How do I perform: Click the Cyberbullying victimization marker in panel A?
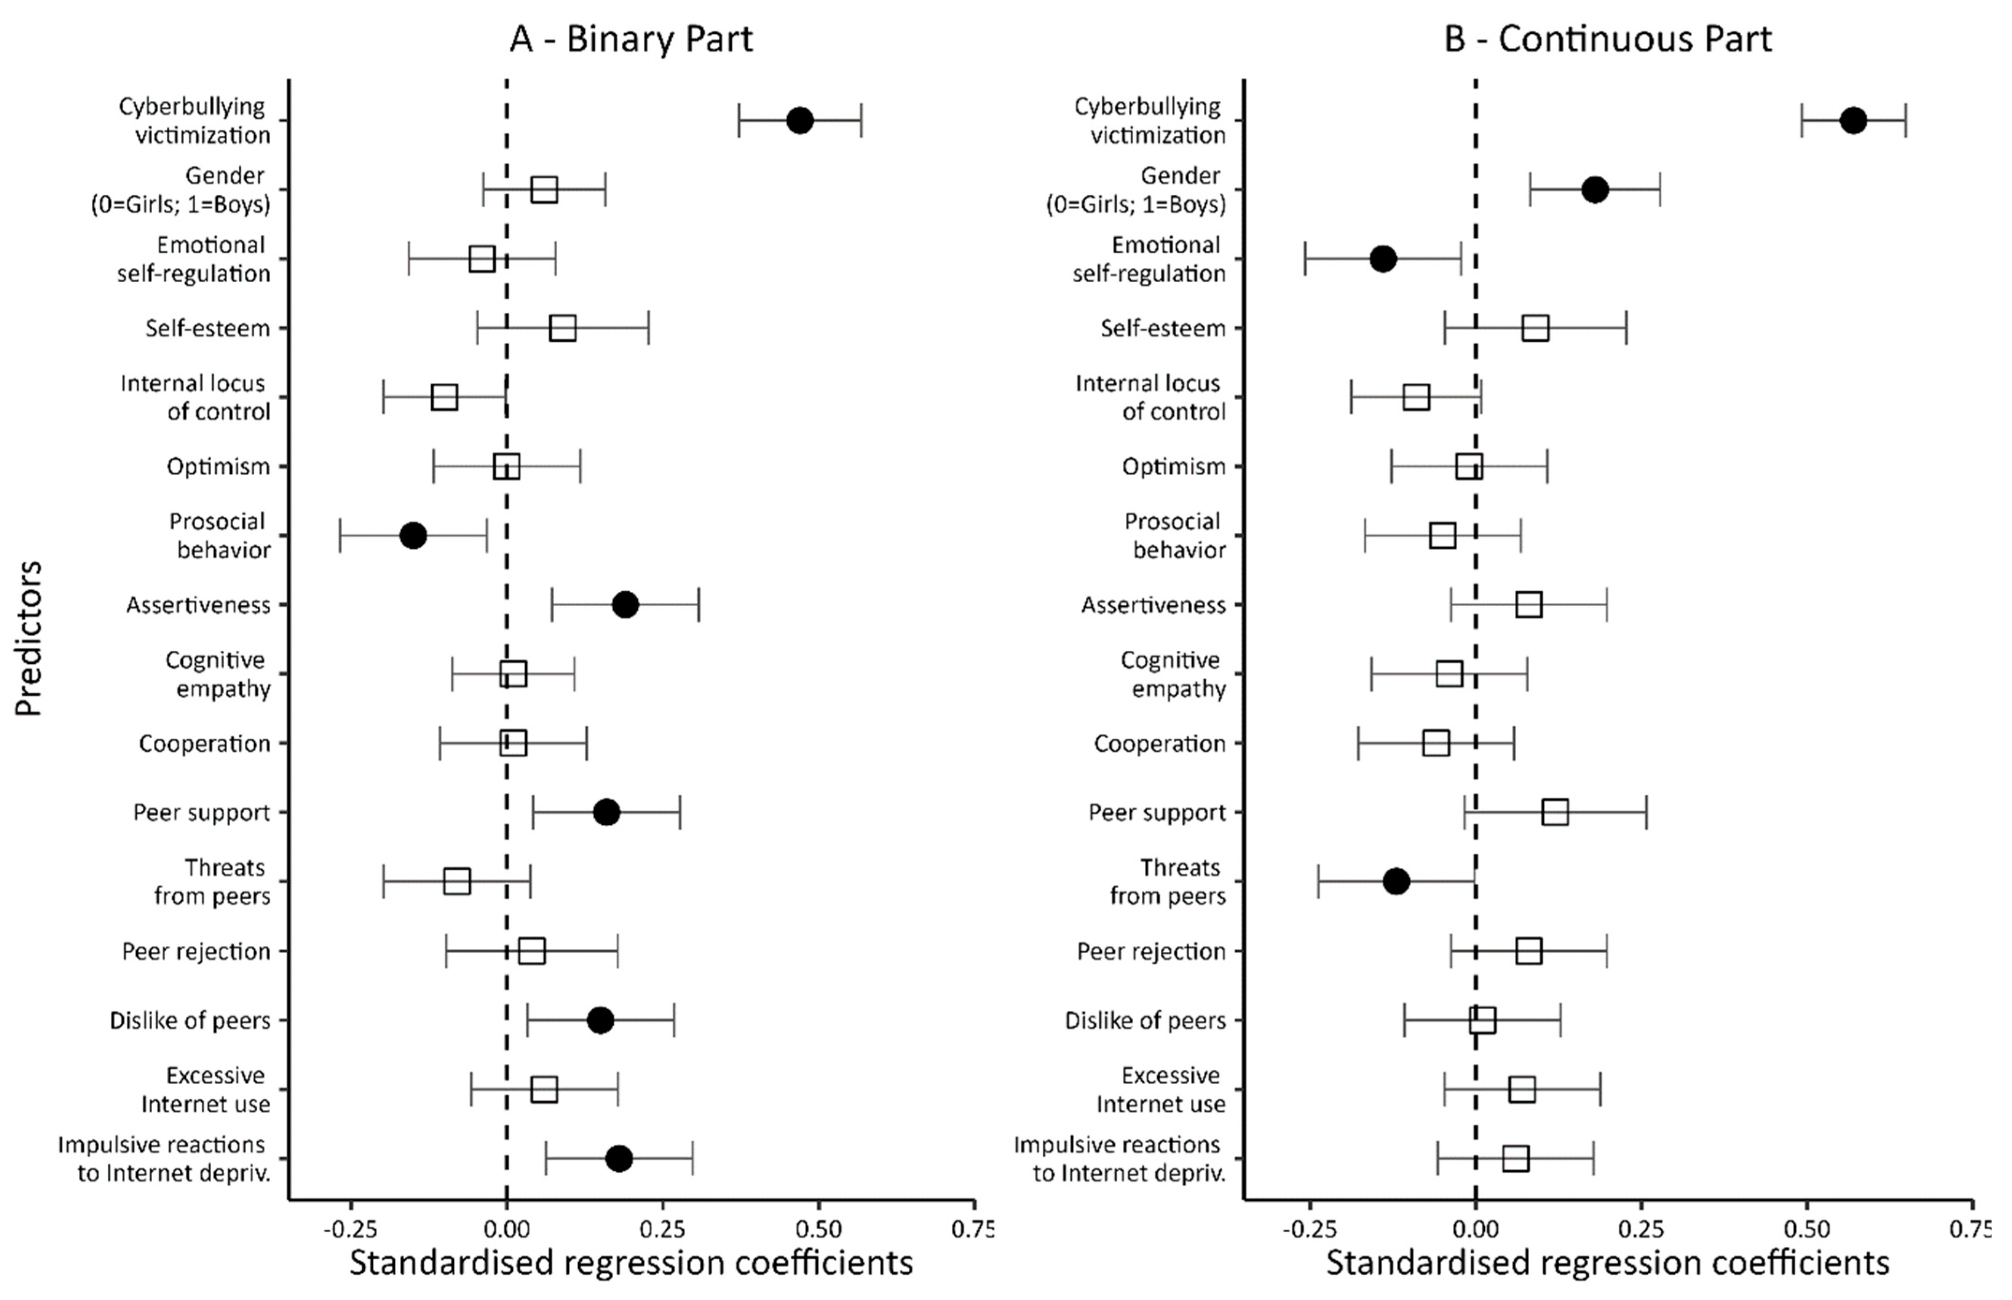pyautogui.click(x=800, y=121)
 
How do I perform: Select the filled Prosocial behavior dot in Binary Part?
pyautogui.click(x=413, y=535)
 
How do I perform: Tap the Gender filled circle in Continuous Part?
pyautogui.click(x=1594, y=190)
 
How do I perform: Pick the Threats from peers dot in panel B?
pyautogui.click(x=1396, y=881)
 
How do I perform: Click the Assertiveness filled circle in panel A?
pyautogui.click(x=625, y=604)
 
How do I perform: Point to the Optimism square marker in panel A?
pyautogui.click(x=507, y=466)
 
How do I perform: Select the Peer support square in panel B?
pyautogui.click(x=1555, y=812)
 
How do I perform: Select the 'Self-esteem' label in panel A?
pyautogui.click(x=208, y=328)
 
